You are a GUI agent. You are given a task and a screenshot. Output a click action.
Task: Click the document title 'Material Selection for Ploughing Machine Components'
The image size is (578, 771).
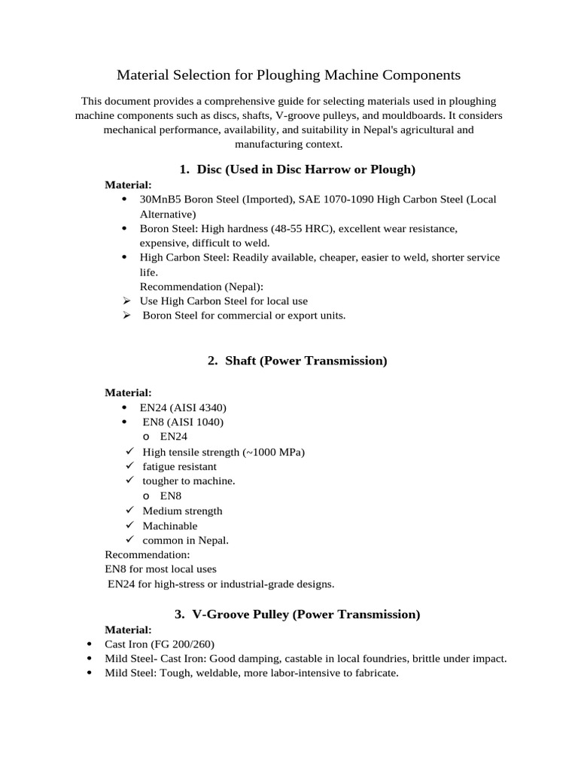click(x=288, y=75)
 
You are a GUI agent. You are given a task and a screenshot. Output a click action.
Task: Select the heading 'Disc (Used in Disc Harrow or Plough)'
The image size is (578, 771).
click(x=306, y=169)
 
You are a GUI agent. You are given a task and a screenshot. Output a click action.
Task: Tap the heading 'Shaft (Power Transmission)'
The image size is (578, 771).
click(x=305, y=361)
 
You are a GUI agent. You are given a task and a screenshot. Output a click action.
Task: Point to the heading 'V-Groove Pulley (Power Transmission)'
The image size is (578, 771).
click(x=306, y=614)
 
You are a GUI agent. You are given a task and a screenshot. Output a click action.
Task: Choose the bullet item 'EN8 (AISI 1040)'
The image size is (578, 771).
click(x=183, y=422)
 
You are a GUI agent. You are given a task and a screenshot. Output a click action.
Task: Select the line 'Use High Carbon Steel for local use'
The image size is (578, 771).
click(x=224, y=300)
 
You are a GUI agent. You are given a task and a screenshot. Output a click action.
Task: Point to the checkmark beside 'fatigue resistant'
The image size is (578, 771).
click(x=129, y=466)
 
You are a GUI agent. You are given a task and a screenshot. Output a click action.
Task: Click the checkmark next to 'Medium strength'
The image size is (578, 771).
click(x=129, y=510)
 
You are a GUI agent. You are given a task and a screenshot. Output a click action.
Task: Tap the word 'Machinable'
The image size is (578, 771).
click(x=170, y=526)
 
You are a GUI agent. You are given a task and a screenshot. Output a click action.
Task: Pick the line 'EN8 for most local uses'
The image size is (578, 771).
click(x=160, y=569)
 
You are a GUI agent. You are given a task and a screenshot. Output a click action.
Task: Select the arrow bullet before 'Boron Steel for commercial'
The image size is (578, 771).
click(x=129, y=315)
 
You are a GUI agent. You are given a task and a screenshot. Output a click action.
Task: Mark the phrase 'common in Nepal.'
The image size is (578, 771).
click(x=185, y=540)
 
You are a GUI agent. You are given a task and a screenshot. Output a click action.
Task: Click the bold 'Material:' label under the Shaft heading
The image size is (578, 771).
click(x=128, y=392)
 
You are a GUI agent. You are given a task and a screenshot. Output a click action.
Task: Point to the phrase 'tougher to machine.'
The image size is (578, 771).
click(x=189, y=481)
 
